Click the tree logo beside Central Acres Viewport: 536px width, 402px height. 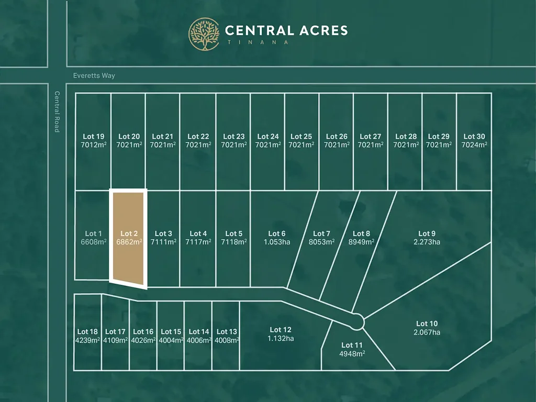204,34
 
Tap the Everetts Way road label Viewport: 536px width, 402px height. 94,75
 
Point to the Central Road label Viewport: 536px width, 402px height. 57,111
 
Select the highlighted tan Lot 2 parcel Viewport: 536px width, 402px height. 128,238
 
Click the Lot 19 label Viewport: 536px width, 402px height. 93,137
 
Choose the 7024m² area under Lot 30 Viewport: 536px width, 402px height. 474,145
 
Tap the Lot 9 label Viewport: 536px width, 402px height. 427,233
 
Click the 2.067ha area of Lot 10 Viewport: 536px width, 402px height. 427,332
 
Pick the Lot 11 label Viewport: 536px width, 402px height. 352,345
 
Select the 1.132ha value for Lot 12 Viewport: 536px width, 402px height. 281,338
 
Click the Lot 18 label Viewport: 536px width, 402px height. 87,331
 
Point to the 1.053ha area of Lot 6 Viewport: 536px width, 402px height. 277,242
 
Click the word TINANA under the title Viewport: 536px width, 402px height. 257,42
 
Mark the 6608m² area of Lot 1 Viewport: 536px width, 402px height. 94,242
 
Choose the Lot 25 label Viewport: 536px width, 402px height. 301,137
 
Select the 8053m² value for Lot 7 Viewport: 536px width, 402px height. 321,242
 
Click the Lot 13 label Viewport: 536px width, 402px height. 227,331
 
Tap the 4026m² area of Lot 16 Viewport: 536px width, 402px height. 143,340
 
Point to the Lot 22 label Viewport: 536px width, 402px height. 198,137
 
